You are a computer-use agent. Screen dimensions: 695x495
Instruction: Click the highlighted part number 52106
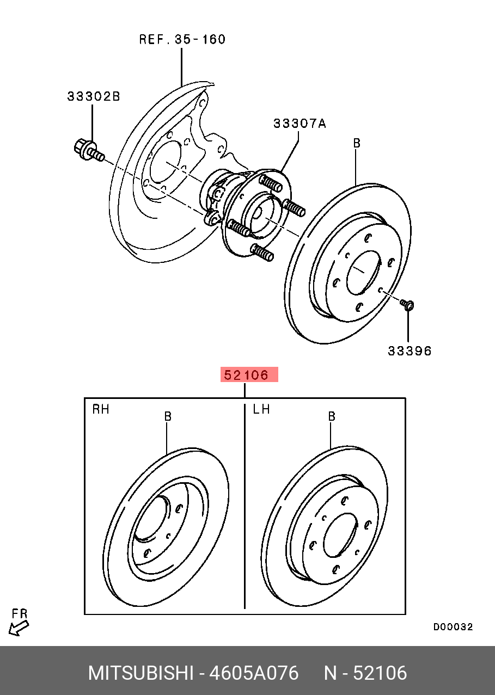pyautogui.click(x=249, y=374)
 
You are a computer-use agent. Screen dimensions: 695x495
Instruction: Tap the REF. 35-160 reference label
pyautogui.click(x=182, y=40)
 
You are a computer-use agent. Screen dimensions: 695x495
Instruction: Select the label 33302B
pyautogui.click(x=94, y=96)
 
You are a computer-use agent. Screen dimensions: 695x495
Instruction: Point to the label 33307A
pyautogui.click(x=300, y=124)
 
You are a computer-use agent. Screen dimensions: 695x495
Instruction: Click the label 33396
pyautogui.click(x=410, y=351)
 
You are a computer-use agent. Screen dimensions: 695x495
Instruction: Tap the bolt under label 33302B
pyautogui.click(x=87, y=151)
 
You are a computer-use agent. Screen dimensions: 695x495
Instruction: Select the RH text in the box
pyautogui.click(x=101, y=409)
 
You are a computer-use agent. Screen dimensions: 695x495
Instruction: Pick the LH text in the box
pyautogui.click(x=261, y=409)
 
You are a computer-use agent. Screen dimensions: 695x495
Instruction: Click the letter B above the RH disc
pyautogui.click(x=168, y=416)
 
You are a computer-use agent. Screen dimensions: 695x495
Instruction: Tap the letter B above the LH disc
pyautogui.click(x=331, y=416)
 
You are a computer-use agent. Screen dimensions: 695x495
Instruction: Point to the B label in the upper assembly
pyautogui.click(x=357, y=144)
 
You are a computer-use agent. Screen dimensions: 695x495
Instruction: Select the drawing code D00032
pyautogui.click(x=453, y=627)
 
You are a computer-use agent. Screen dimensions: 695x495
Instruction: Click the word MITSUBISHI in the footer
pyautogui.click(x=140, y=673)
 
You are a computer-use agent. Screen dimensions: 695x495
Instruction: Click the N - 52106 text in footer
pyautogui.click(x=365, y=673)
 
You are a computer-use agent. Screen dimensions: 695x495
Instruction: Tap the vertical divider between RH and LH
pyautogui.click(x=245, y=506)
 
